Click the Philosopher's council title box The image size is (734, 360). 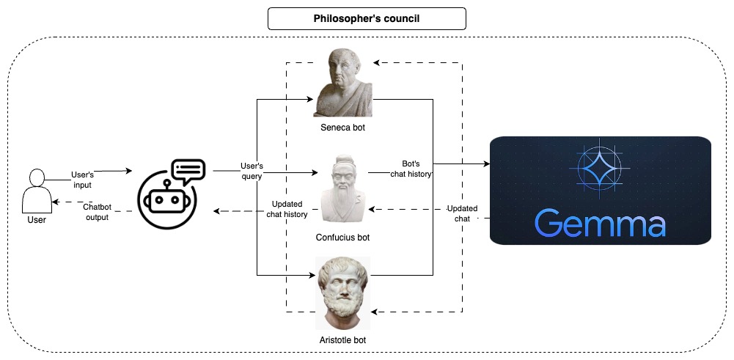pos(367,18)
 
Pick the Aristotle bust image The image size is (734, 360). pos(343,293)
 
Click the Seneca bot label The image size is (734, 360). pos(343,128)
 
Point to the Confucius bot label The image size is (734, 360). pos(343,238)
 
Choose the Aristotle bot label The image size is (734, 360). pos(343,340)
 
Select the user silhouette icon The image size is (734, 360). pos(35,190)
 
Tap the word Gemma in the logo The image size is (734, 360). pos(600,223)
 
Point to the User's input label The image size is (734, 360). pos(82,180)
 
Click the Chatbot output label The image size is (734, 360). pos(96,212)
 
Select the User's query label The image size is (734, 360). pos(252,171)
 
